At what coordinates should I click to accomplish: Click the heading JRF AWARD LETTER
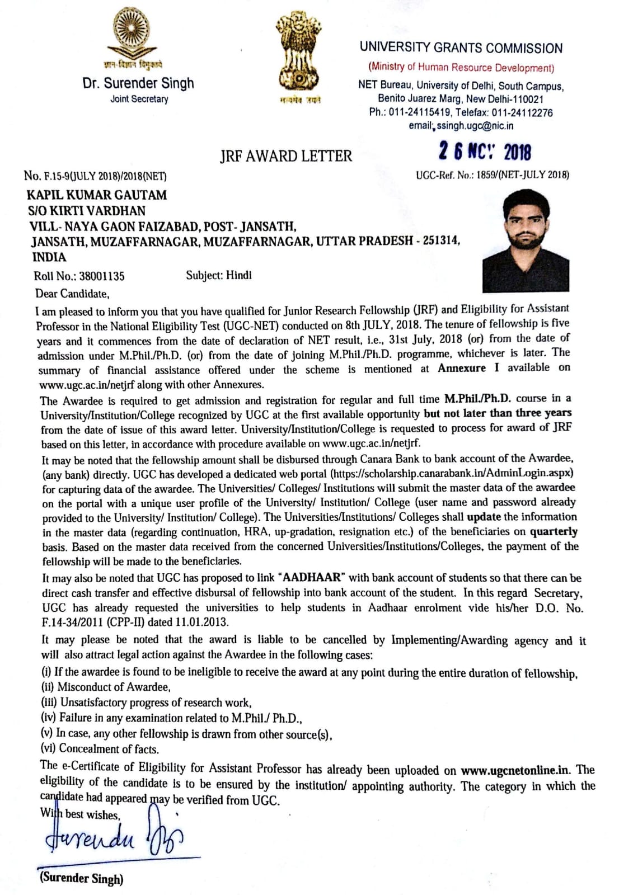click(286, 156)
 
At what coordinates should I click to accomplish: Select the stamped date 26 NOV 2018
click(485, 151)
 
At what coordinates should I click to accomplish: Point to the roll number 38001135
click(101, 276)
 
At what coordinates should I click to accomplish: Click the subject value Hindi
click(239, 275)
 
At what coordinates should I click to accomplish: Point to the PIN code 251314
click(441, 241)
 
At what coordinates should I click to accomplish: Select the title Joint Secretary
click(139, 99)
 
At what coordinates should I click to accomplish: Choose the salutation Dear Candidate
click(72, 294)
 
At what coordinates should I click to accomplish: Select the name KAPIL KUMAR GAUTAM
click(97, 195)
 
